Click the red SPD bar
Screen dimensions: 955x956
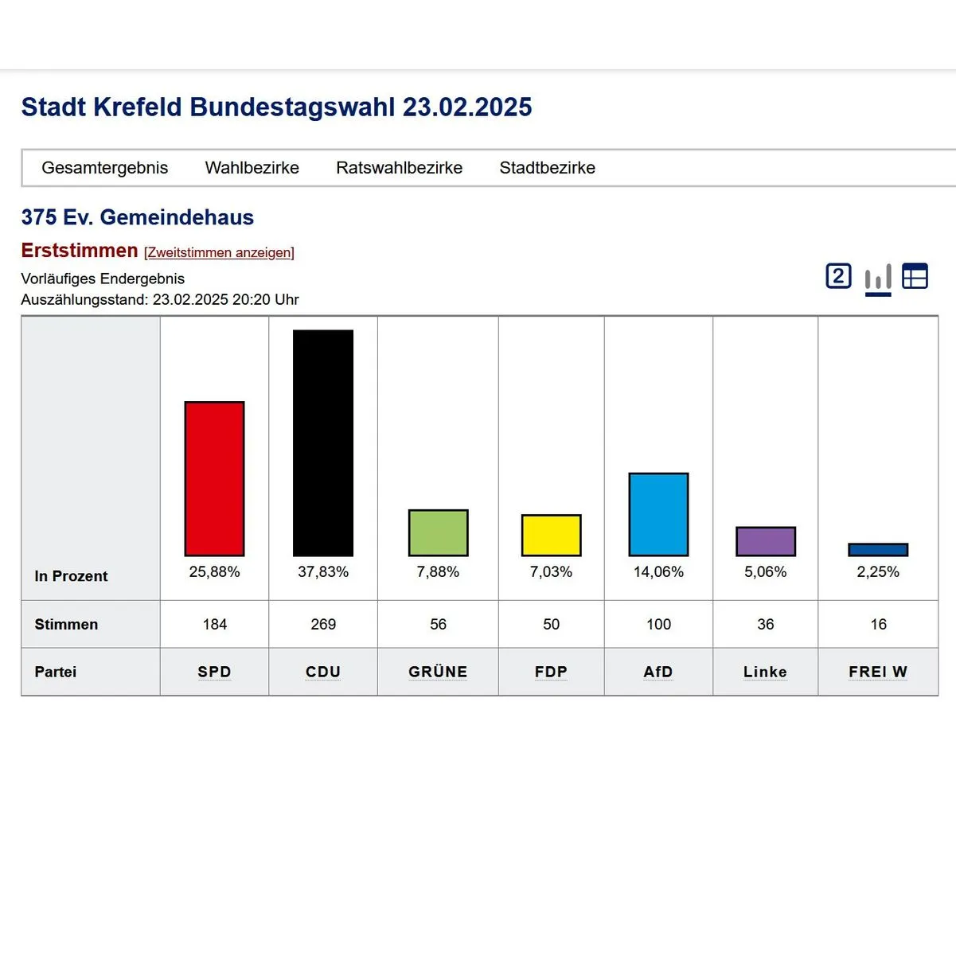tap(214, 478)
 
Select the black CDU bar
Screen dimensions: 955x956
tap(323, 442)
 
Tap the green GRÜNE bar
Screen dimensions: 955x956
tap(438, 532)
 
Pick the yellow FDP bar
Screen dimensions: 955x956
tap(551, 535)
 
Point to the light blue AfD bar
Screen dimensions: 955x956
tap(658, 514)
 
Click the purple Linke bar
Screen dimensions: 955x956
tap(765, 541)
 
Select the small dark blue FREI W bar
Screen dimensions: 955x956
tap(878, 550)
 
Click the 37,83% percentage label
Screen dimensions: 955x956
tap(323, 571)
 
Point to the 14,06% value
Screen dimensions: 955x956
tap(658, 571)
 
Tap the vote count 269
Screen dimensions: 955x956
tap(323, 624)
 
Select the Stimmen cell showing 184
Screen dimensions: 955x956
tap(214, 624)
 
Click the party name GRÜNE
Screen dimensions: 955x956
tap(438, 672)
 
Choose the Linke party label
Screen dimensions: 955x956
tap(765, 672)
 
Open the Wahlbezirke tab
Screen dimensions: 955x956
tap(252, 168)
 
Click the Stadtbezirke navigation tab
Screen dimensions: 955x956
tap(547, 168)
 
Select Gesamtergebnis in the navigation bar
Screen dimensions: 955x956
tap(104, 168)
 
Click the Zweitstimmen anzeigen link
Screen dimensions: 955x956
tap(219, 252)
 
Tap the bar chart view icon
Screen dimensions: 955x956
tap(878, 278)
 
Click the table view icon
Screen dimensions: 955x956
tap(915, 276)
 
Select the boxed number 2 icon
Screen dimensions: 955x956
tap(838, 276)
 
